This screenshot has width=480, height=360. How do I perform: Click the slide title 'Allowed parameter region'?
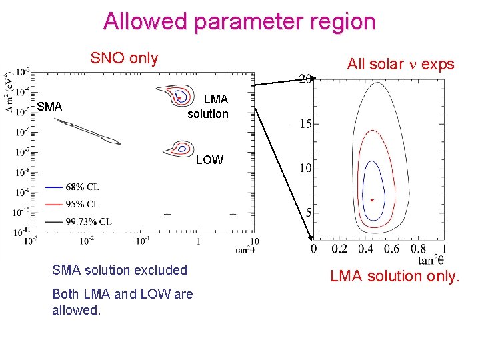click(239, 21)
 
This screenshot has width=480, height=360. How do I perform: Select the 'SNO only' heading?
click(124, 58)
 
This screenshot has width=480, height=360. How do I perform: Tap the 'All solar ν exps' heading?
click(400, 64)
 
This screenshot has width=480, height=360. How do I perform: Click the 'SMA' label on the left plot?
click(49, 107)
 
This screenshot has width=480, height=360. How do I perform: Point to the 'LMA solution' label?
click(209, 107)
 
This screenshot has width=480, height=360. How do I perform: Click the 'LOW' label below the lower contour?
click(209, 161)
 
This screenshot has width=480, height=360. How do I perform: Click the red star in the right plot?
click(372, 200)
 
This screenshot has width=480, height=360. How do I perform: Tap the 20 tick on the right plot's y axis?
click(305, 79)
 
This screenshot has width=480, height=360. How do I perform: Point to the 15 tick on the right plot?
click(305, 124)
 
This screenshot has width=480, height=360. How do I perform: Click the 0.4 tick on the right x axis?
click(365, 249)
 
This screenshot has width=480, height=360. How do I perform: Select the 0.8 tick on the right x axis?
click(418, 249)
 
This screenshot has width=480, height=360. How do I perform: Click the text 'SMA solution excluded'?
click(119, 270)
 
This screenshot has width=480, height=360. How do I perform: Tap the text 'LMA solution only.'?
click(394, 276)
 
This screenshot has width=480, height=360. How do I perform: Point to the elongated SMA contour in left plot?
click(87, 131)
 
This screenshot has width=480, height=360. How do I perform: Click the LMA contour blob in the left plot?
click(179, 95)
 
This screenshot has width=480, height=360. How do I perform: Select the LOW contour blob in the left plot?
click(181, 148)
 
